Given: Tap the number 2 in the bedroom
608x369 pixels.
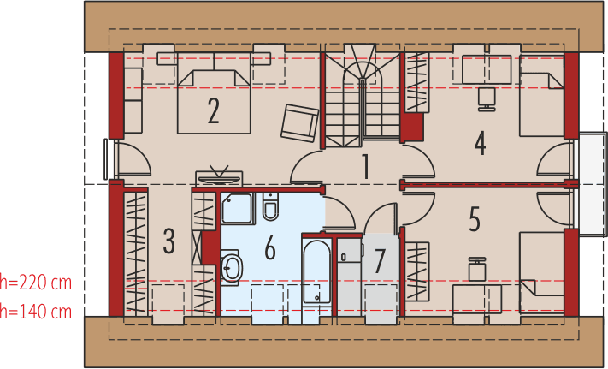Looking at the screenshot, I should coord(213,110).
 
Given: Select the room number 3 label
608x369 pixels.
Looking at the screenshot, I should coord(168,241).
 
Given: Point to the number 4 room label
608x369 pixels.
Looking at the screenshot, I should coord(481,142).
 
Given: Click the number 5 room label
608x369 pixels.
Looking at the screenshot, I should coord(475,220).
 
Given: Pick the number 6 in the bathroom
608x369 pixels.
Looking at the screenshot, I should coord(270,248).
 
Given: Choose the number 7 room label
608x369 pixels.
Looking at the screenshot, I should coord(380,259).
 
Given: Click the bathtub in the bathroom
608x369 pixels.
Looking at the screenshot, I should coord(316,271).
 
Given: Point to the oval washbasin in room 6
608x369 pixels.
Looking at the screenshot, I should coord(231,268).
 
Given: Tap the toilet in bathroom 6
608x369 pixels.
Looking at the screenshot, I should coord(271,207).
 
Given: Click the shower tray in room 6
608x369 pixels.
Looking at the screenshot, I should coord(238,210).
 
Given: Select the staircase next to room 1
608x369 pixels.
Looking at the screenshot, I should coord(361,94).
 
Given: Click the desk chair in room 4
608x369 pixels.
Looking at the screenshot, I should coord(486,97).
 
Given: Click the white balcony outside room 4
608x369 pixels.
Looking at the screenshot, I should coord(592,183).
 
